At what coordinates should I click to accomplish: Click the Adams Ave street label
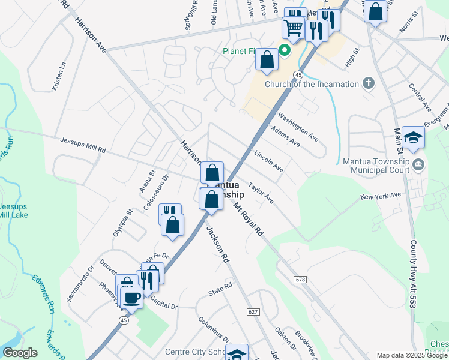click(286, 136)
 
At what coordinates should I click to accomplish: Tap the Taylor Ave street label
click(261, 193)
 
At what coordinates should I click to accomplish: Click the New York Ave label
click(380, 196)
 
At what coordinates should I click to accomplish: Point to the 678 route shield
click(301, 280)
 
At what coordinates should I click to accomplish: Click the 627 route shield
click(253, 311)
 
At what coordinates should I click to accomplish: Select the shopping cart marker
click(294, 27)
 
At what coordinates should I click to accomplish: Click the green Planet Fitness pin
click(286, 50)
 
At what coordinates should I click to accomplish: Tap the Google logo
click(20, 353)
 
